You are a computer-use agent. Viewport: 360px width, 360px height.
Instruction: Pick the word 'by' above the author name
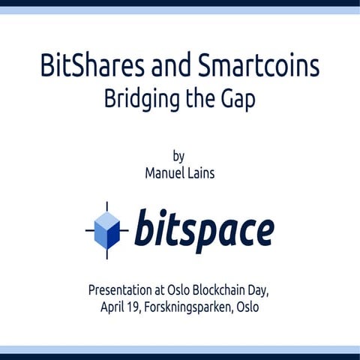coord(178,157)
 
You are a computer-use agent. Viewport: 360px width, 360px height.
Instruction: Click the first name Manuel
coord(165,172)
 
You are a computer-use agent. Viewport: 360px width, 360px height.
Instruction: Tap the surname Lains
coord(202,172)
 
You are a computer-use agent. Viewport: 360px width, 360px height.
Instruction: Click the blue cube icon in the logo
coord(108,229)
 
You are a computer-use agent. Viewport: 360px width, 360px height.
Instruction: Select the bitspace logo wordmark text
coord(204,229)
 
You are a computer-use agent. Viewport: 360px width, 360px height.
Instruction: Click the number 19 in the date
coord(138,307)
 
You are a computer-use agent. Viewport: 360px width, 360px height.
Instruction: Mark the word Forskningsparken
coord(189,307)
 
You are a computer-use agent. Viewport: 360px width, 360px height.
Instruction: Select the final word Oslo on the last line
coord(245,307)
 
